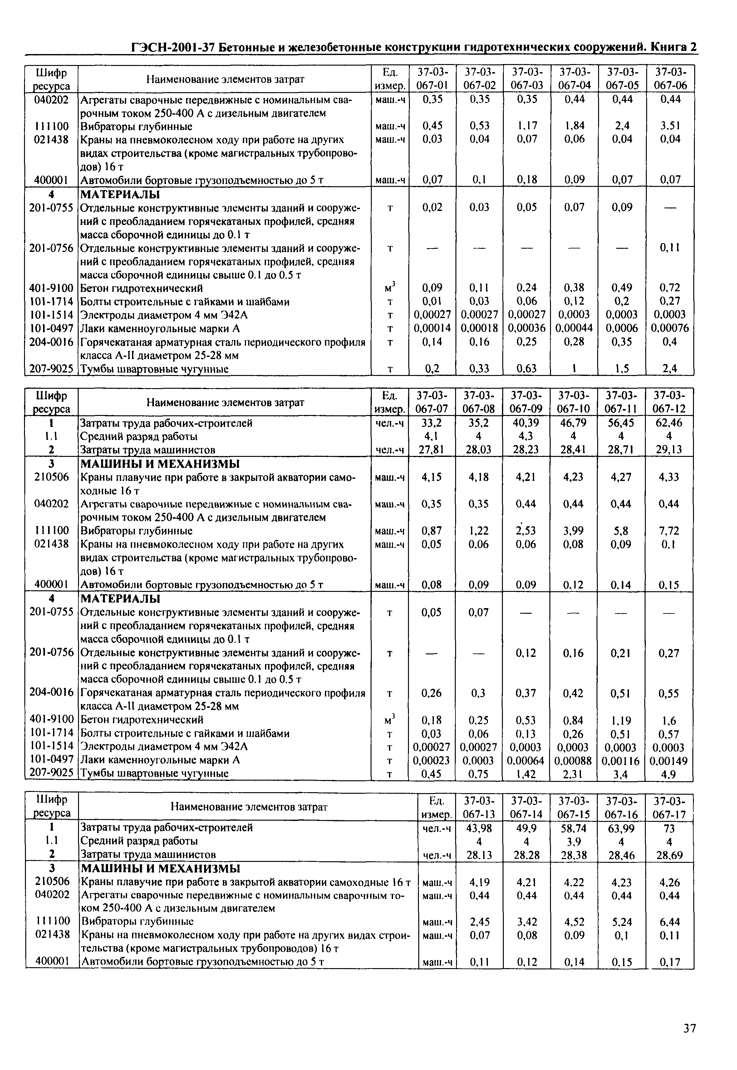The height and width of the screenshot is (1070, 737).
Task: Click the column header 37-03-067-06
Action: (x=671, y=78)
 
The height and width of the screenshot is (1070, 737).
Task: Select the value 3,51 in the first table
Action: (x=671, y=126)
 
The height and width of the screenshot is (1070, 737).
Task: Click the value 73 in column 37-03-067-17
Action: (x=670, y=828)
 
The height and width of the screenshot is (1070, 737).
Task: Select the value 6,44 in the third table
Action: (x=670, y=922)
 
